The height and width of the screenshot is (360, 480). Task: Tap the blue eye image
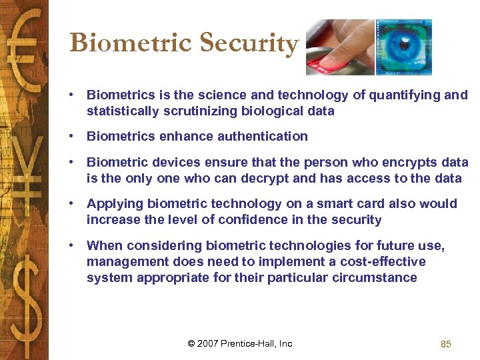coord(404,47)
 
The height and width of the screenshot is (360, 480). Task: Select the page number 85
coord(446,344)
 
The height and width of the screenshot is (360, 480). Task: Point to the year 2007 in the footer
coord(209,344)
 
